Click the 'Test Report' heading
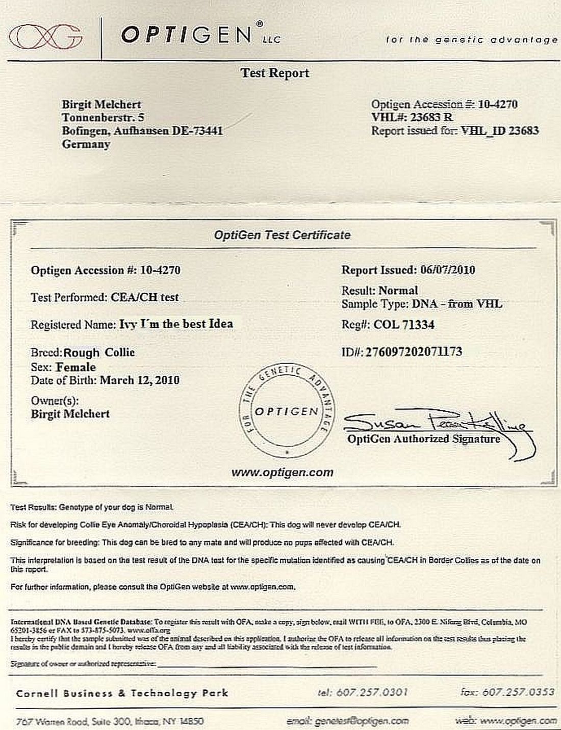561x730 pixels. [275, 73]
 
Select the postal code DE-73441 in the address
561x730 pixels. [197, 131]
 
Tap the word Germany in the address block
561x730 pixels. [86, 144]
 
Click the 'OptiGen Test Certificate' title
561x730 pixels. [282, 236]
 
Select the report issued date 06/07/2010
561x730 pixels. [447, 270]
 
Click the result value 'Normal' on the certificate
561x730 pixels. [398, 291]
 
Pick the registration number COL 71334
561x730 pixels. [404, 325]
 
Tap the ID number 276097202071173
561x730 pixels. [414, 352]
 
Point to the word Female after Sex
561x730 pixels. [76, 367]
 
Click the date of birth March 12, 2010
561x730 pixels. [139, 380]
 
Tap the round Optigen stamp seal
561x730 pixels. [286, 411]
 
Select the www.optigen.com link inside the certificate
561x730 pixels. [282, 473]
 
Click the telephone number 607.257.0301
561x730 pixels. [372, 692]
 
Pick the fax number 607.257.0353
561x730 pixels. [518, 692]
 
